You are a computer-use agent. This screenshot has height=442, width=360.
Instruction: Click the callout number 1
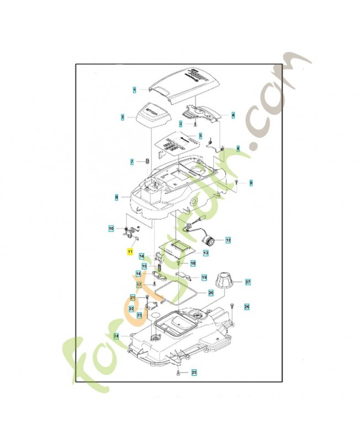[134, 89]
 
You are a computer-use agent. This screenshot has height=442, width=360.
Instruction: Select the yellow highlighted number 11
[130, 251]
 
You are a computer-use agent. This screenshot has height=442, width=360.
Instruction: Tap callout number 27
[248, 282]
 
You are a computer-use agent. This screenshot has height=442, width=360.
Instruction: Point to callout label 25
[194, 373]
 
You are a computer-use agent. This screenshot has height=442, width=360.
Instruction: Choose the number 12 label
[228, 240]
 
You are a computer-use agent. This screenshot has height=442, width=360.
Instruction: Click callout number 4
[233, 115]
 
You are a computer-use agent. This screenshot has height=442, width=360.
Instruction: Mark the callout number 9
[251, 182]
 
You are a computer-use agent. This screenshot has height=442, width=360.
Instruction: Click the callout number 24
[116, 335]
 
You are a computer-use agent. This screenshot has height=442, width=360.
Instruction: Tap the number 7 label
[132, 162]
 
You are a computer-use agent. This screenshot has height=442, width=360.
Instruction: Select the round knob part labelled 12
[210, 241]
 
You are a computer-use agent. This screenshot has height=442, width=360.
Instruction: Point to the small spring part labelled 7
[147, 161]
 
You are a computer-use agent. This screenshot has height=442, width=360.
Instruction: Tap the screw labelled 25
[178, 374]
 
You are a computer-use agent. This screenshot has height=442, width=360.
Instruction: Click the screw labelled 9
[236, 181]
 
